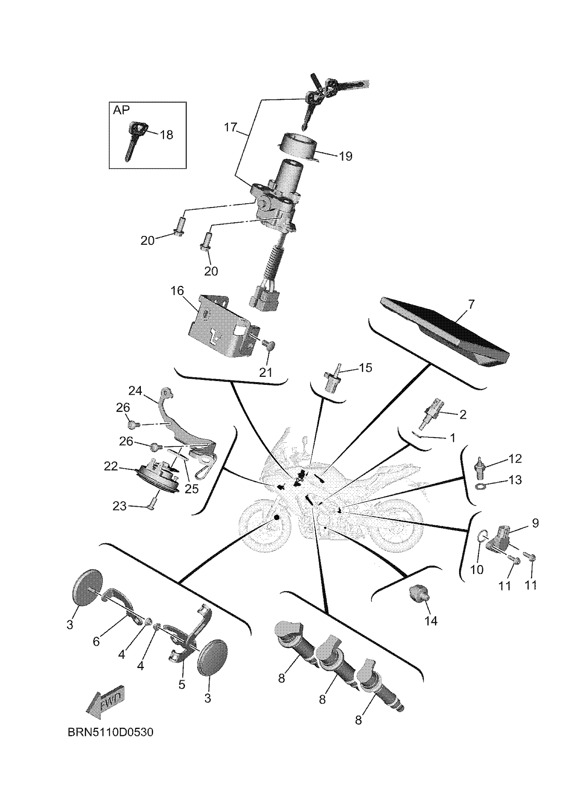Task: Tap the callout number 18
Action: (x=166, y=134)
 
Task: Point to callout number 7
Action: (x=471, y=304)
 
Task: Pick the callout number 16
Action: (x=177, y=291)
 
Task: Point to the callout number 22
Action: (x=111, y=466)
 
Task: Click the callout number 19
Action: (x=346, y=156)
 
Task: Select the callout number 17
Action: (x=230, y=127)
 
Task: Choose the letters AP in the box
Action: (x=121, y=110)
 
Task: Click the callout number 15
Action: (x=365, y=367)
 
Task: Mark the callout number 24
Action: (x=135, y=391)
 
